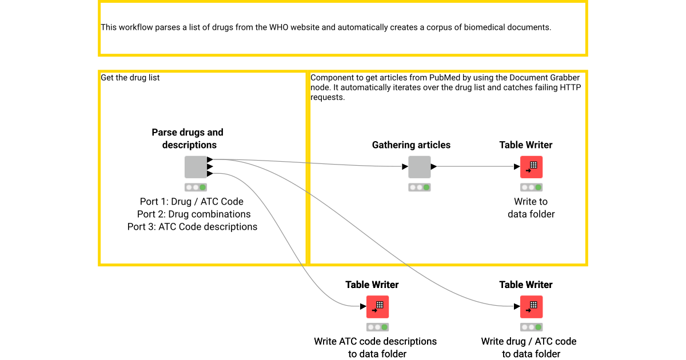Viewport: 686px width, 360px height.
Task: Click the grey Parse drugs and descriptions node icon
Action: [196, 167]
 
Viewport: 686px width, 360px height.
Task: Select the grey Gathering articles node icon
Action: [419, 167]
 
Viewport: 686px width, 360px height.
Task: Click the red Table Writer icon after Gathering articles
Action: [531, 167]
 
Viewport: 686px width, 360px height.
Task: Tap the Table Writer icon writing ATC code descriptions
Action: [377, 307]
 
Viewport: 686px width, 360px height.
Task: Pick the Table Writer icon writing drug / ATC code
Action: [531, 307]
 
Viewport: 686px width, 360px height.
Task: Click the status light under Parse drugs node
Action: [196, 187]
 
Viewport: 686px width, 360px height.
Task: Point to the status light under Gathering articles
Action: [419, 187]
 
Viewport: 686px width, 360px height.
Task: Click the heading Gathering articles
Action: [411, 145]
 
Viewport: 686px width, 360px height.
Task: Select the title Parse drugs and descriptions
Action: [188, 139]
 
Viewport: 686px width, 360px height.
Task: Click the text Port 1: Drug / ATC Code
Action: [192, 202]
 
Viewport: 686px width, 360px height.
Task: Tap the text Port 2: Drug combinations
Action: [194, 214]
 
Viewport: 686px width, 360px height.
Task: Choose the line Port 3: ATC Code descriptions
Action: [192, 227]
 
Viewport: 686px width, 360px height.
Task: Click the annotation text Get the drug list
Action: [130, 78]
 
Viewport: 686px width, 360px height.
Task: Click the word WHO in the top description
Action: [279, 27]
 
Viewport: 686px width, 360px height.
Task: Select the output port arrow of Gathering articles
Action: [433, 167]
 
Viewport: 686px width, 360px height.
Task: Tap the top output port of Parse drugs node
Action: [210, 159]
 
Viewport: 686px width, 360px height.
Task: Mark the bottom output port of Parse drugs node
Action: [210, 173]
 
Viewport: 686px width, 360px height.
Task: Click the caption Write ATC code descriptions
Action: [375, 342]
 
